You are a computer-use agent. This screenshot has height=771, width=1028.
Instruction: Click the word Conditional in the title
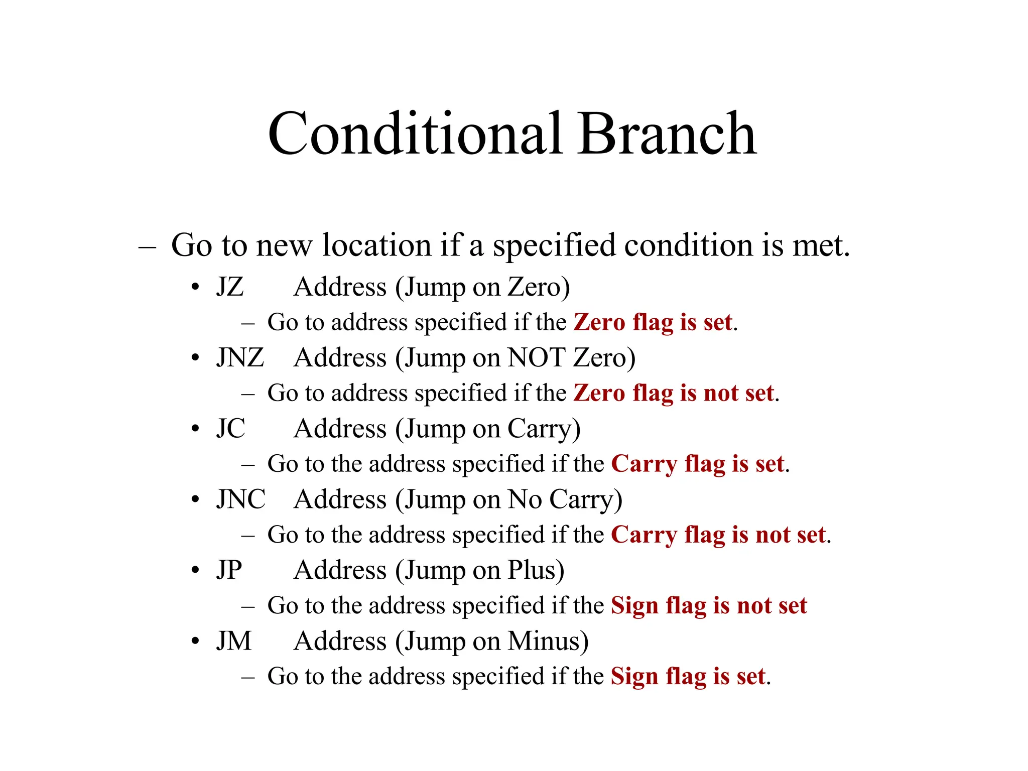415,134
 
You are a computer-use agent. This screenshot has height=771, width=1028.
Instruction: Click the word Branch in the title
667,134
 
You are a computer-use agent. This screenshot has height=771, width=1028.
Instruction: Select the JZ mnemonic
230,287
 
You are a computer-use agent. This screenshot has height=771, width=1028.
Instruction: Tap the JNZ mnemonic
240,358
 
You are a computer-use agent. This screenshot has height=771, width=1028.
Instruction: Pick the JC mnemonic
231,429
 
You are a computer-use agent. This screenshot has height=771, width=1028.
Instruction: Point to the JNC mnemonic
241,499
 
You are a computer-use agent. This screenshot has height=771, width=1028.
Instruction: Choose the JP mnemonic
229,570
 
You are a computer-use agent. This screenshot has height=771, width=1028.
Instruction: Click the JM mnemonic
234,641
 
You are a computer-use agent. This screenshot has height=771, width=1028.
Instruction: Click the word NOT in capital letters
537,358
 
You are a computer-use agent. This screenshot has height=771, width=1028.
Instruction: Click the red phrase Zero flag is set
653,322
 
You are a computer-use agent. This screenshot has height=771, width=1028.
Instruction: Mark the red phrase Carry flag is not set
718,535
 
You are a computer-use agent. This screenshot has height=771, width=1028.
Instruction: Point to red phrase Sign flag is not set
709,605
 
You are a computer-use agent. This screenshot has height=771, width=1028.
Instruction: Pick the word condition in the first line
690,245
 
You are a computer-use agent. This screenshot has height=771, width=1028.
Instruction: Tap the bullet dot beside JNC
195,500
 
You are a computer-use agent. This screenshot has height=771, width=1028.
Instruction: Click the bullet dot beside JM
195,641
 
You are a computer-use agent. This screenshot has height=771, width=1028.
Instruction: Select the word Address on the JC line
340,429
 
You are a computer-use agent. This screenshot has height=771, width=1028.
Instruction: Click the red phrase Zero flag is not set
674,393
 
